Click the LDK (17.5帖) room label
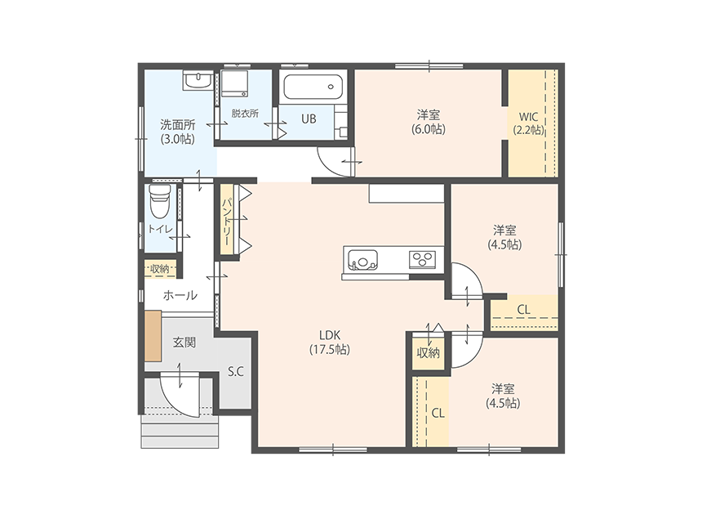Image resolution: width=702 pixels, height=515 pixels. click(x=330, y=342)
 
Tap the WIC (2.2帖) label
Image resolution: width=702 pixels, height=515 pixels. click(x=528, y=123)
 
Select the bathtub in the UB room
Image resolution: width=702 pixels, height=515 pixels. click(x=313, y=87)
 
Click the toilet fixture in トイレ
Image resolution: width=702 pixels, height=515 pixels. click(x=160, y=200)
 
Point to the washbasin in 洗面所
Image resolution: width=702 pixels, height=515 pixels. click(x=198, y=80)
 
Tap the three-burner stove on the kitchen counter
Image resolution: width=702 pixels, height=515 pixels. click(x=422, y=259)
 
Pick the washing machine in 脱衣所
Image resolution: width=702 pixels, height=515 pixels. click(x=234, y=83)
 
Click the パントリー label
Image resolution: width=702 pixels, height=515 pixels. click(x=227, y=221)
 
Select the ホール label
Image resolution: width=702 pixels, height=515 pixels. click(x=180, y=295)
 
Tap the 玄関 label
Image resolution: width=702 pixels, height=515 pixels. click(x=184, y=343)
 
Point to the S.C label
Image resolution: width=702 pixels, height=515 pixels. click(x=235, y=371)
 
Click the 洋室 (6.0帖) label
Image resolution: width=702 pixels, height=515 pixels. click(x=429, y=122)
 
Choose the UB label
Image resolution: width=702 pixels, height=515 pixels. click(x=309, y=119)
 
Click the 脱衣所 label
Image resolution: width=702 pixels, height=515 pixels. click(x=245, y=113)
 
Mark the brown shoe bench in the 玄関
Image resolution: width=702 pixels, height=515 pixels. click(x=153, y=336)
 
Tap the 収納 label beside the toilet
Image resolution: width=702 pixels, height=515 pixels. click(x=159, y=269)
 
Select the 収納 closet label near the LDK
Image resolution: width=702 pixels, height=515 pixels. click(x=429, y=353)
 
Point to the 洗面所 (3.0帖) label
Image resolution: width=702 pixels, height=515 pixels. click(x=178, y=132)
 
